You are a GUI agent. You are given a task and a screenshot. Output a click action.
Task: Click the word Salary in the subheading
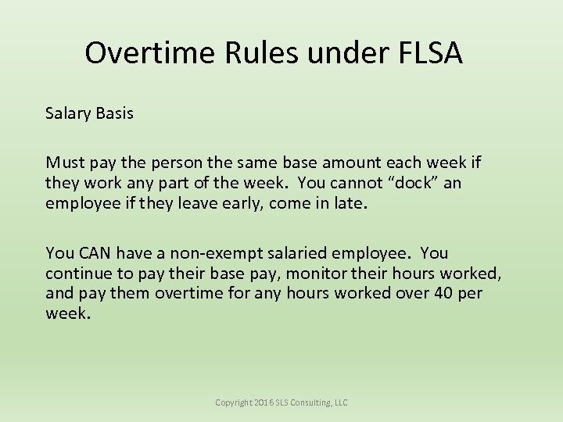pos(68,113)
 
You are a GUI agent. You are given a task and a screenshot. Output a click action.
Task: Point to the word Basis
pos(114,113)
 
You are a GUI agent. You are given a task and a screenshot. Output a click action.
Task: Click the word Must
pos(64,163)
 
